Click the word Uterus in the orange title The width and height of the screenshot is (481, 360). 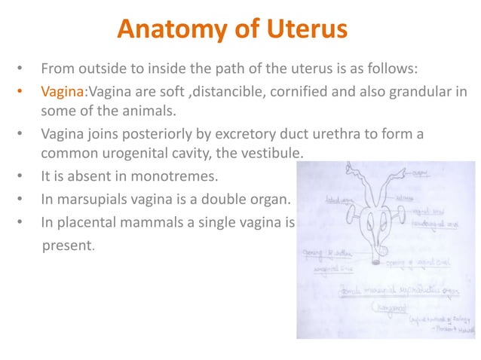point(308,30)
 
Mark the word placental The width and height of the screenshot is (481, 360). point(90,224)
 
